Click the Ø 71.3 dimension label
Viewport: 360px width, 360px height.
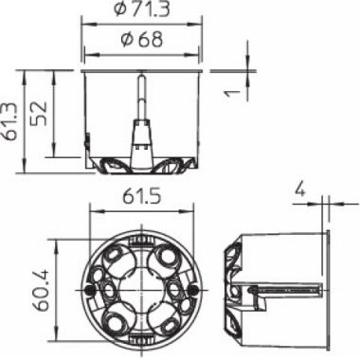click(x=142, y=9)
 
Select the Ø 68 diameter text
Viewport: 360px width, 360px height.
click(x=142, y=39)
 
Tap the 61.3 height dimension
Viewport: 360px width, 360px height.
click(x=9, y=121)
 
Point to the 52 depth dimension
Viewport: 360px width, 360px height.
click(x=40, y=114)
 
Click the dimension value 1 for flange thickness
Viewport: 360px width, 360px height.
click(x=233, y=93)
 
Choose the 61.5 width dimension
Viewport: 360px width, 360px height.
click(x=142, y=197)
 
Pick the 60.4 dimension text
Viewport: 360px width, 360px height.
click(x=41, y=289)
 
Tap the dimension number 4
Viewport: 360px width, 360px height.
click(x=300, y=191)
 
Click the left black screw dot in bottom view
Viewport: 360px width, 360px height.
click(x=89, y=290)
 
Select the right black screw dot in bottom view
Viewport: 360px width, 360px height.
click(x=194, y=290)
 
